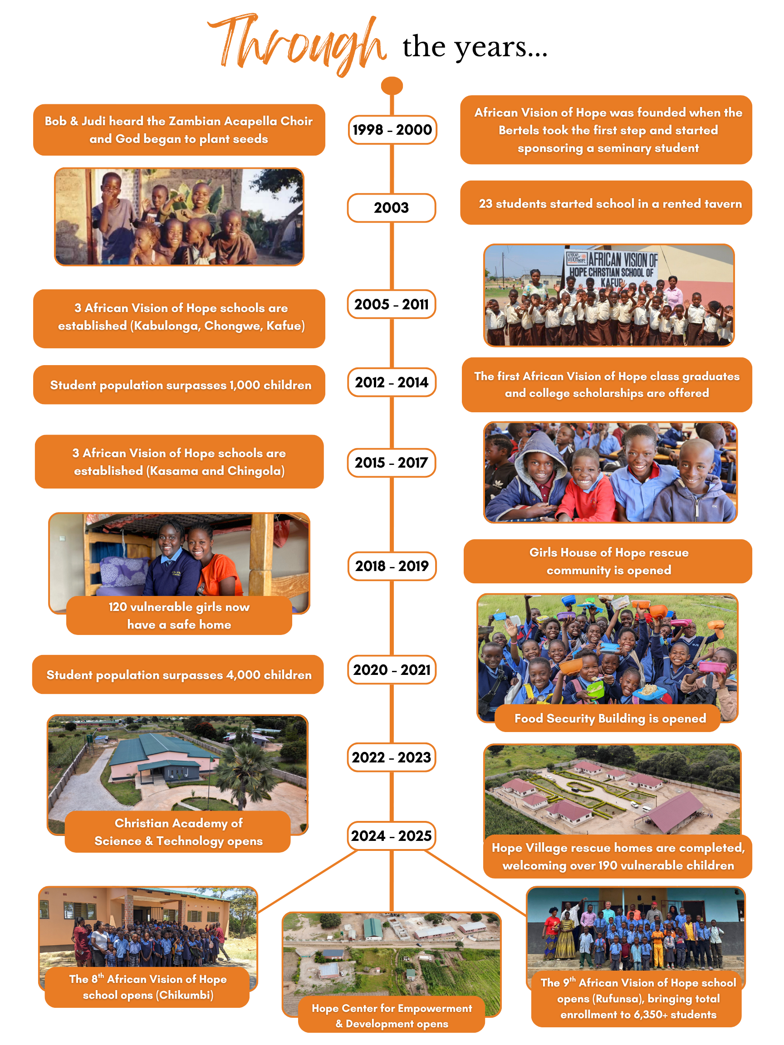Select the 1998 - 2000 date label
(x=392, y=130)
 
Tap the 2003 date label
(x=391, y=208)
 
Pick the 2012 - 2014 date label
(x=392, y=382)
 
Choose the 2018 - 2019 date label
(x=392, y=566)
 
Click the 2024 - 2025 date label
(x=391, y=836)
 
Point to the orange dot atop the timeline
(x=392, y=86)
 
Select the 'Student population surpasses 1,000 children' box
(x=180, y=385)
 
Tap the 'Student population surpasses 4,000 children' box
(x=178, y=674)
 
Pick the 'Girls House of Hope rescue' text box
(x=608, y=561)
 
